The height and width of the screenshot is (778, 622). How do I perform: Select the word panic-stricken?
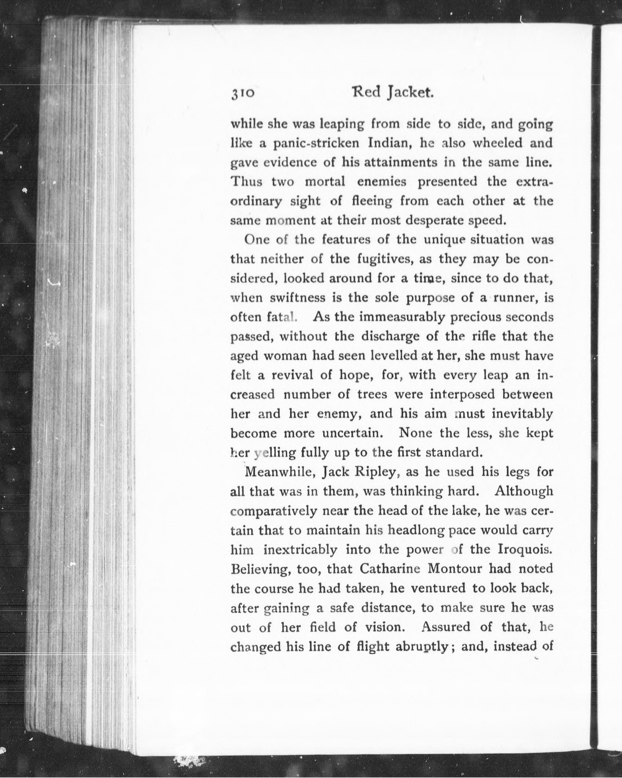(316, 144)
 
